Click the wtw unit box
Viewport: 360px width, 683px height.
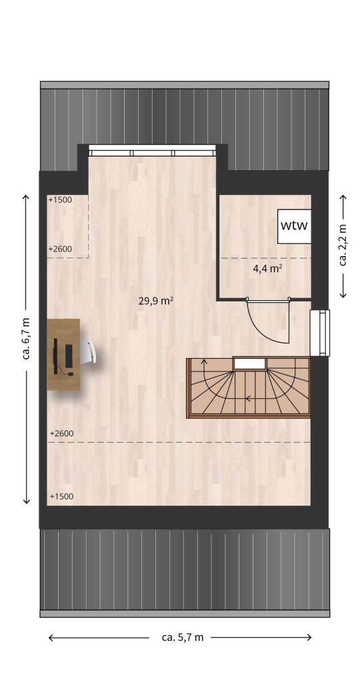coord(294,226)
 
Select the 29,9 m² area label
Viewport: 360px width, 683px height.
coord(156,301)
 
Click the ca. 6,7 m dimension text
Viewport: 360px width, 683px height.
coord(27,338)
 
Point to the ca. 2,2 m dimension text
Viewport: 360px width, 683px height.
coord(343,245)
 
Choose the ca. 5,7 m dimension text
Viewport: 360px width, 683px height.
coord(183,637)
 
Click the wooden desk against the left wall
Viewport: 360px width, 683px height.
coord(63,354)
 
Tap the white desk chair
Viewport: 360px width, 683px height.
coord(88,350)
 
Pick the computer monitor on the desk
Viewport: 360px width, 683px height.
coord(55,356)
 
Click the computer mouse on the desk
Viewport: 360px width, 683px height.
coord(71,374)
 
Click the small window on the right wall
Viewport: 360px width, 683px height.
coord(320,333)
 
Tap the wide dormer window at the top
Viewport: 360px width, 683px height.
coord(153,151)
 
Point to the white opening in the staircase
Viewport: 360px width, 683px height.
coord(249,364)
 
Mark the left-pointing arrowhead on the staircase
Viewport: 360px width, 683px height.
coord(249,398)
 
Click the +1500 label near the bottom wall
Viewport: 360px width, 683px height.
coord(61,496)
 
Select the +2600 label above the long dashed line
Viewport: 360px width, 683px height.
coord(61,434)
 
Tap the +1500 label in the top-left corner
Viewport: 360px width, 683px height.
coord(60,200)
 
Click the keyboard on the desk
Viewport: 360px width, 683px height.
coord(69,356)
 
